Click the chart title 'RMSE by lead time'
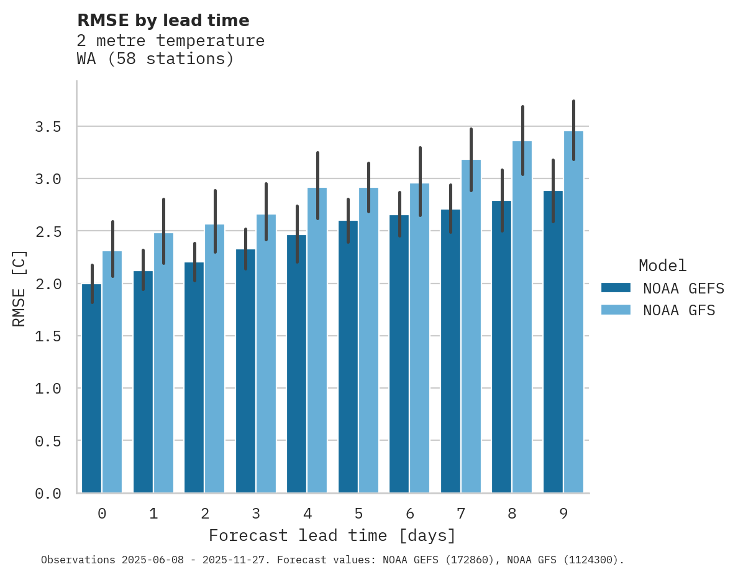click(x=163, y=21)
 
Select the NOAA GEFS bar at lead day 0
click(x=91, y=388)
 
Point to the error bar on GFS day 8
click(x=522, y=141)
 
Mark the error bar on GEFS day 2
click(x=194, y=262)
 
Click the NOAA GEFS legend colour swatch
click(x=616, y=288)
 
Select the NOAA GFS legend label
click(x=679, y=310)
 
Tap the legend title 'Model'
click(x=662, y=265)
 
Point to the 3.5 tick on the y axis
click(x=48, y=127)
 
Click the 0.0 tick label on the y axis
click(x=48, y=494)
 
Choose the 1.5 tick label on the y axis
click(x=48, y=336)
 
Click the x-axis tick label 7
click(x=460, y=514)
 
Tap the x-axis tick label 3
click(x=255, y=514)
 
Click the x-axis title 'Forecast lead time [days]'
click(x=332, y=535)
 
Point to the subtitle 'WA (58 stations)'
click(x=155, y=59)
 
